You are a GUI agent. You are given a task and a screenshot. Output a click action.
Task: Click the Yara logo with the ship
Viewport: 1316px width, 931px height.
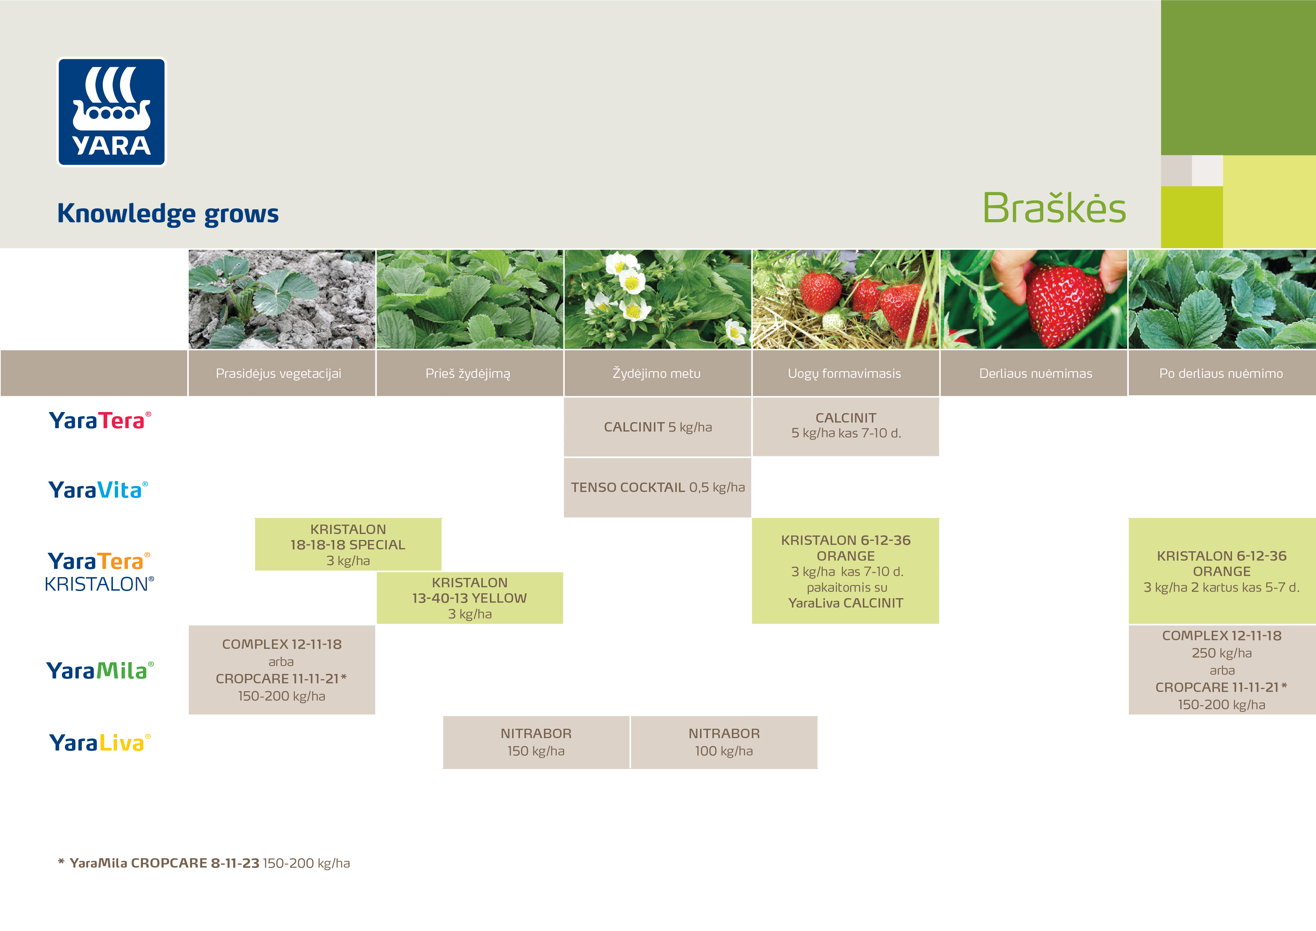point(112,112)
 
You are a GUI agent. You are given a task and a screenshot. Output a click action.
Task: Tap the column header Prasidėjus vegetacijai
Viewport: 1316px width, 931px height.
point(279,373)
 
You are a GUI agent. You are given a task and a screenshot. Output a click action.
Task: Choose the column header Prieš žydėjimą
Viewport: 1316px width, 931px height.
point(468,374)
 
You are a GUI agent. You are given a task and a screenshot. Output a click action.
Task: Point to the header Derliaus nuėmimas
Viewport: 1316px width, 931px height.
point(1036,374)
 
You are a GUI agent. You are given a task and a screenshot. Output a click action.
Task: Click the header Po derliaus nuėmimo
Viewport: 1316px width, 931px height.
point(1221,374)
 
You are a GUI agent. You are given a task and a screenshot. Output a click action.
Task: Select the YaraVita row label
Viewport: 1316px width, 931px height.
point(98,490)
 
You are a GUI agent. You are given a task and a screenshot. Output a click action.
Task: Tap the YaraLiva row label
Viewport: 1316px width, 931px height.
point(100,742)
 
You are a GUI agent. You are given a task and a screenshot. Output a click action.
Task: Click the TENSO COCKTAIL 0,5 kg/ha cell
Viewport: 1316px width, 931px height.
point(657,487)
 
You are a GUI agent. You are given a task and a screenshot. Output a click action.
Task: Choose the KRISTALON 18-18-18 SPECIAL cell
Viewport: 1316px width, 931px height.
point(348,544)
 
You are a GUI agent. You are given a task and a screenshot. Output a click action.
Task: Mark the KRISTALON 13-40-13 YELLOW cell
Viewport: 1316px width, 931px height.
point(469,598)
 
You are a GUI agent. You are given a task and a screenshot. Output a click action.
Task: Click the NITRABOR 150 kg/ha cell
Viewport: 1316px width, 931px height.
point(536,742)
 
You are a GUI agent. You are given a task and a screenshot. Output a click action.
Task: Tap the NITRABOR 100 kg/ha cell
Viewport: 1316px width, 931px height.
point(724,742)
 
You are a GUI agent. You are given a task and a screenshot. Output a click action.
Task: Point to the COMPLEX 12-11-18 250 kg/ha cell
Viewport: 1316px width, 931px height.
point(1222,669)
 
